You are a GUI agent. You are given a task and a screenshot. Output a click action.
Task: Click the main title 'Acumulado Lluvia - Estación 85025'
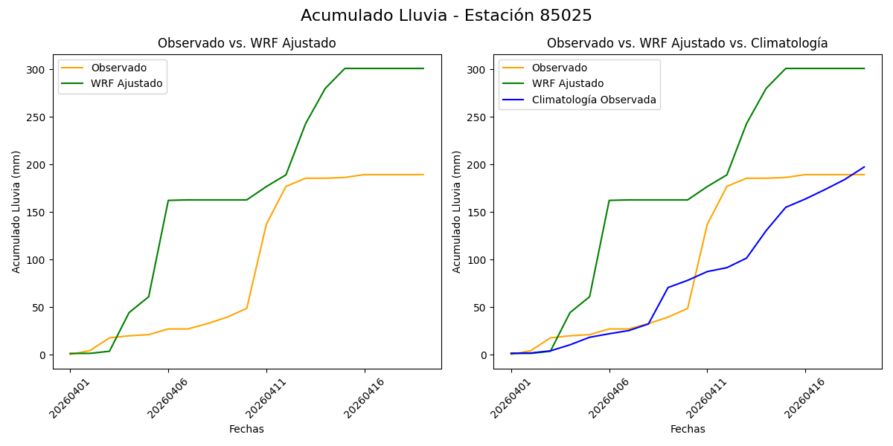pyautogui.click(x=446, y=16)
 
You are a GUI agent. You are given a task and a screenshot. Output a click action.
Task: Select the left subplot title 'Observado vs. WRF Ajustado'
pyautogui.click(x=246, y=43)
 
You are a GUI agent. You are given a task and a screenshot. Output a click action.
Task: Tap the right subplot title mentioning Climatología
pyautogui.click(x=687, y=43)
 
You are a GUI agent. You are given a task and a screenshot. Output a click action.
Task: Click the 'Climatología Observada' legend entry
pyautogui.click(x=592, y=100)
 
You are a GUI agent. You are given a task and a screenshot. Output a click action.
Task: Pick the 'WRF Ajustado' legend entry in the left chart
pyautogui.click(x=127, y=83)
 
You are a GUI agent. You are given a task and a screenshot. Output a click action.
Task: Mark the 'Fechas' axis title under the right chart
pyautogui.click(x=688, y=429)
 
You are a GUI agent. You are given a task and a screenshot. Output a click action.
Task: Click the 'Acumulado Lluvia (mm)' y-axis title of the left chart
pyautogui.click(x=16, y=212)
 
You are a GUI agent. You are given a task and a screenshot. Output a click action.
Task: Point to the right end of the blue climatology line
pyautogui.click(x=864, y=167)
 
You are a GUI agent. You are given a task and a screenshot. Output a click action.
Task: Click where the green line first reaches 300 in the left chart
pyautogui.click(x=345, y=68)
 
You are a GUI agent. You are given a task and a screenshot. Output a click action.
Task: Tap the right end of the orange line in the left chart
pyautogui.click(x=423, y=175)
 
